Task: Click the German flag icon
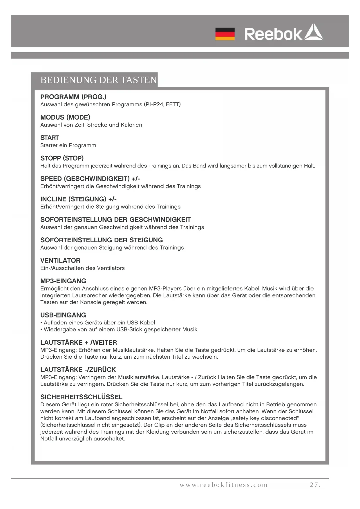pos(225,34)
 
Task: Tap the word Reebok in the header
pos(273,34)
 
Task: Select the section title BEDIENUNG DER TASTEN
pos(99,80)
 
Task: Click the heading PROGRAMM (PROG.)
pos(73,97)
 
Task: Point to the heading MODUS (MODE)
pos(65,117)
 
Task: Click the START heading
pos(50,138)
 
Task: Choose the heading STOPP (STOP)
pos(62,158)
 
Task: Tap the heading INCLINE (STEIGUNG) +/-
pos(78,199)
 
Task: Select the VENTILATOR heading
pos(60,261)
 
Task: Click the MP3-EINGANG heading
pos(63,281)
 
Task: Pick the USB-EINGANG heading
pos(63,315)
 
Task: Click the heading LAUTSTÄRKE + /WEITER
pos(79,342)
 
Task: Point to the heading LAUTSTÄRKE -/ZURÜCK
pos(78,370)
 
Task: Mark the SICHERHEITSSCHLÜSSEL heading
pos(82,397)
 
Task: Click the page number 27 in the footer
pos(315,485)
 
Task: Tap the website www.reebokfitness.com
pos(224,485)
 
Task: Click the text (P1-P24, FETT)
pos(162,104)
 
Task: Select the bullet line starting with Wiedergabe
pos(120,330)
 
